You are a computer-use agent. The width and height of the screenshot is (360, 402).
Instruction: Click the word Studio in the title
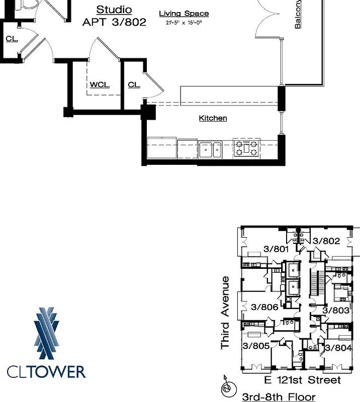click(114, 10)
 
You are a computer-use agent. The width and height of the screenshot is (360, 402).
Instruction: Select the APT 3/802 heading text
click(115, 22)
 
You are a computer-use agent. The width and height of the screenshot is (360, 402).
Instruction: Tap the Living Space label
click(184, 14)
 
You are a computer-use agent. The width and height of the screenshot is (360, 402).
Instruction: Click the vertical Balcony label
click(298, 14)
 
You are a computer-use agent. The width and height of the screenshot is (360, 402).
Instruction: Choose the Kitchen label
click(213, 118)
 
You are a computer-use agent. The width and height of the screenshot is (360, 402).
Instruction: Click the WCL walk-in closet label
click(100, 84)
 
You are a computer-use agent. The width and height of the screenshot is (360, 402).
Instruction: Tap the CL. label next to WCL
click(134, 84)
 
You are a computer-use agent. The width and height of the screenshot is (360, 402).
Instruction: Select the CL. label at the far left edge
click(12, 39)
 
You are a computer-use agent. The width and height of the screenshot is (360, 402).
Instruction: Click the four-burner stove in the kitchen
click(246, 148)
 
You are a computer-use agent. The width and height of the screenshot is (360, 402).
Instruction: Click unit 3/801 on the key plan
click(276, 248)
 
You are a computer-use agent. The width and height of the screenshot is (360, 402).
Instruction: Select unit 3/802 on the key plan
click(326, 241)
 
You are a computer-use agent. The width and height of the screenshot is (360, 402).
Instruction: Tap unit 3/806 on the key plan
click(264, 307)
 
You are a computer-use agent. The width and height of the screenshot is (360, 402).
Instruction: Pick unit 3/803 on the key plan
click(335, 311)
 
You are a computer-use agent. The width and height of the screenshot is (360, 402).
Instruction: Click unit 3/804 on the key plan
click(337, 347)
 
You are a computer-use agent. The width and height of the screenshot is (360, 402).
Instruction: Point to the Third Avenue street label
click(225, 313)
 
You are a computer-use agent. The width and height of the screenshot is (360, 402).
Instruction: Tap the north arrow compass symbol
click(227, 388)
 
